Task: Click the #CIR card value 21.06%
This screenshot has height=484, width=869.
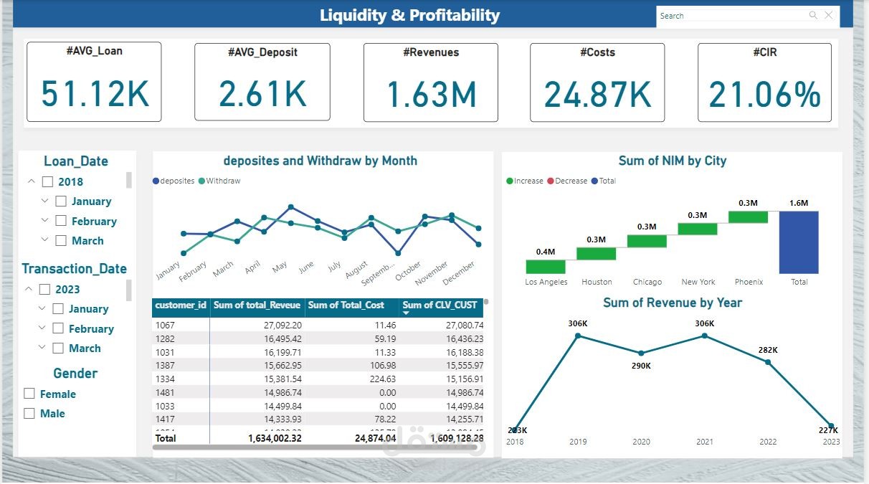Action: click(764, 95)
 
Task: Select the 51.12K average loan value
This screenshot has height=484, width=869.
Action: click(95, 94)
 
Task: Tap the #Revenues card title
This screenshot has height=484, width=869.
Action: click(430, 52)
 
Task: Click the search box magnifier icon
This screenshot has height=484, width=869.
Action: click(813, 15)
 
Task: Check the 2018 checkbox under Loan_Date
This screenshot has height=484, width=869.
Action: click(47, 182)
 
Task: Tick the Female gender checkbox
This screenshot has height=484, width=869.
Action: click(29, 394)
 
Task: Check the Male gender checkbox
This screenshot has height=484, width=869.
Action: click(29, 414)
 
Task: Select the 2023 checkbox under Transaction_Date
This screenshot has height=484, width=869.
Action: click(44, 290)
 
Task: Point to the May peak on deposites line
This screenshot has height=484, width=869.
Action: click(291, 207)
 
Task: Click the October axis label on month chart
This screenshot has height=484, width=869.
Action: click(409, 271)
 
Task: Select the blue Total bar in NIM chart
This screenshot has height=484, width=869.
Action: click(799, 242)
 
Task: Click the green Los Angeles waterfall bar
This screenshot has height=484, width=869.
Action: click(546, 266)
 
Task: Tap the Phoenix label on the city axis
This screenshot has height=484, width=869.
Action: click(749, 282)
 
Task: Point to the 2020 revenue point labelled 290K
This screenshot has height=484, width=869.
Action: click(641, 353)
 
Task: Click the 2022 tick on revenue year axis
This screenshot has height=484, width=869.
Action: click(767, 442)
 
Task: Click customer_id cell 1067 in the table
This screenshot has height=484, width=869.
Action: click(166, 326)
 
